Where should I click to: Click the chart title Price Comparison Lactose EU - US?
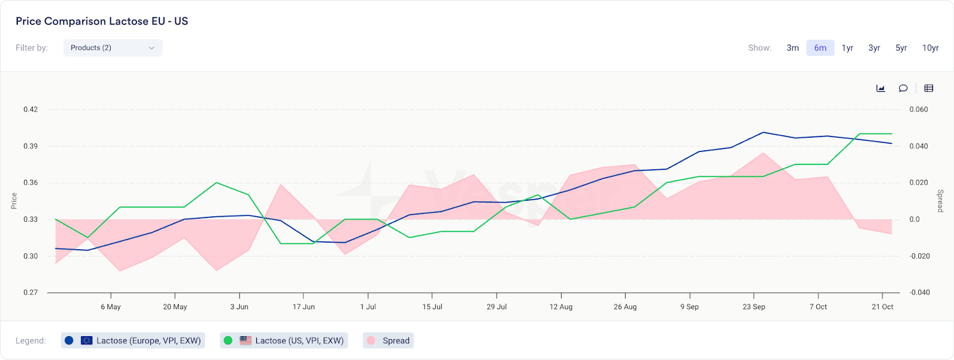point(102,21)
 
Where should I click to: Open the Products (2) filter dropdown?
point(113,48)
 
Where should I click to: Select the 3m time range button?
point(792,48)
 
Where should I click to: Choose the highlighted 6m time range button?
point(820,48)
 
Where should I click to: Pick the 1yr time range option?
point(847,48)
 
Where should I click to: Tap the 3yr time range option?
point(874,48)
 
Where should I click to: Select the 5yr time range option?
point(901,48)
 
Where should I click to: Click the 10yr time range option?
point(930,48)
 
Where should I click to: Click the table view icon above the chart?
point(928,88)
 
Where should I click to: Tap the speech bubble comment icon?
point(903,88)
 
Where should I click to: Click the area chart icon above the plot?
point(881,88)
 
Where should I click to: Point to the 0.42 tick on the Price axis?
point(30,110)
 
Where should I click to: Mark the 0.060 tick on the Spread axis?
point(918,110)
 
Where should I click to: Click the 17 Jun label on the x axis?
point(303,307)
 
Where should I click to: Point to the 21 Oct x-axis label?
point(882,307)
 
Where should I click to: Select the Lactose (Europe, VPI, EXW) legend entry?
point(133,340)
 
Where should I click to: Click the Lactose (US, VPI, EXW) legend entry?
point(284,340)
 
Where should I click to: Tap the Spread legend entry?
point(389,340)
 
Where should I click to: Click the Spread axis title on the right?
point(940,201)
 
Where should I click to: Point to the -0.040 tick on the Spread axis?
point(919,293)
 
